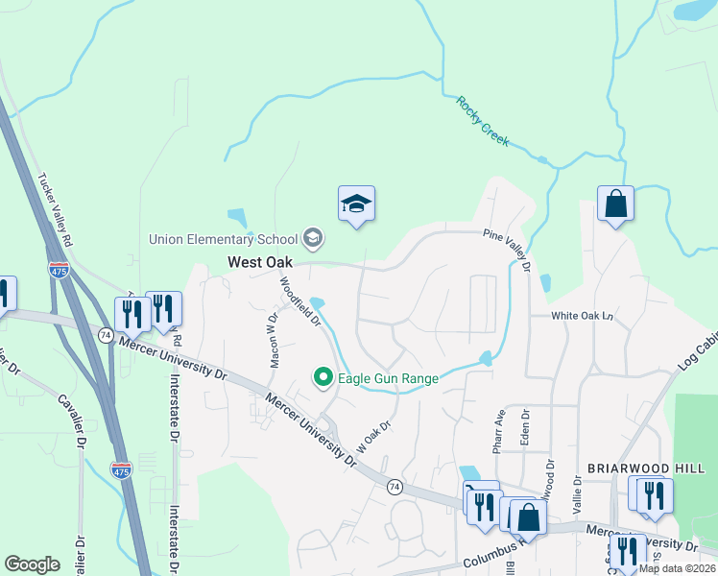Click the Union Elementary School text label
[224, 239]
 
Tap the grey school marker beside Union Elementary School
[312, 237]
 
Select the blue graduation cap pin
[356, 204]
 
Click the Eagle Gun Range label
[387, 378]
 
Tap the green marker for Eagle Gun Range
[323, 378]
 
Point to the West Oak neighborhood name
[259, 261]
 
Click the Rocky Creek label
[482, 122]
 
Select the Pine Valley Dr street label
[506, 248]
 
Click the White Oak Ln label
[582, 316]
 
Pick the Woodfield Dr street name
[299, 301]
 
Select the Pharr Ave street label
[498, 433]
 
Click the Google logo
[32, 564]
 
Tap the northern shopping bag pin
[615, 204]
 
